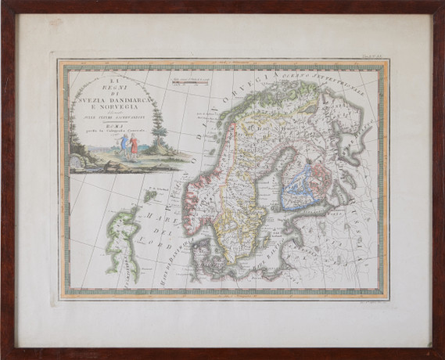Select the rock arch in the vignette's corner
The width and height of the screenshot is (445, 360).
click(x=77, y=161)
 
